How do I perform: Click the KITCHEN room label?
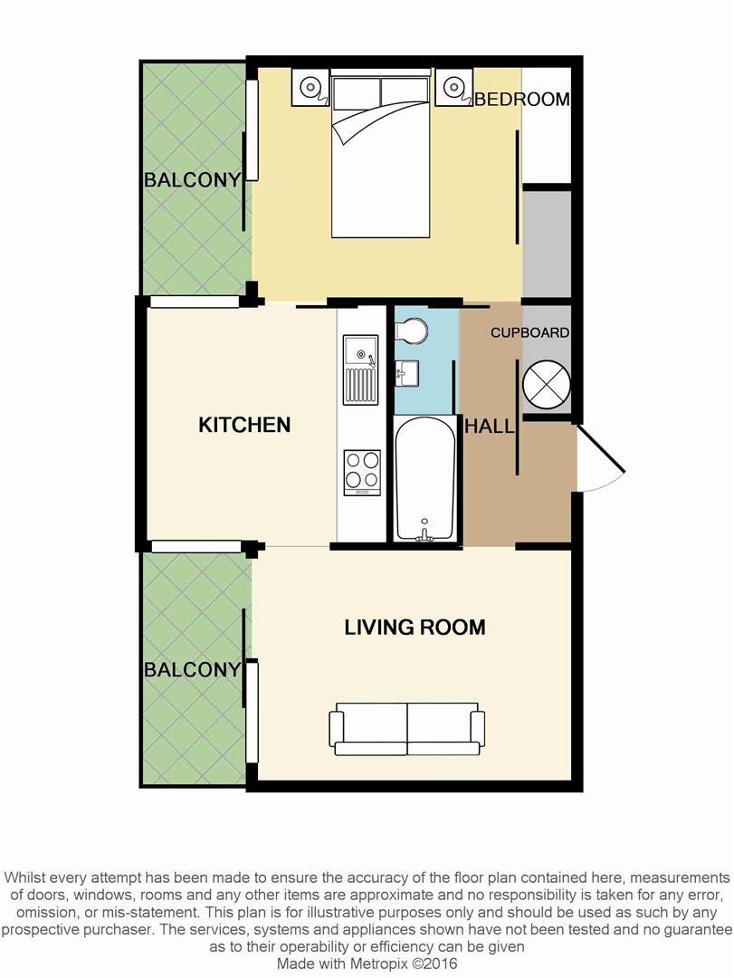244,425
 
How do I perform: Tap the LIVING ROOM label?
415,627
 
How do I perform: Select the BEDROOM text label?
522,100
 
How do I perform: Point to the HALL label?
490,427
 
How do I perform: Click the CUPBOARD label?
530,332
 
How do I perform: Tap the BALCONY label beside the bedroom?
192,180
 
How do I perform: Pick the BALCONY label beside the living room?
192,670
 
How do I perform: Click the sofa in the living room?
407,729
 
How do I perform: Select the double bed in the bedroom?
380,156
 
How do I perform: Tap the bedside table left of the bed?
310,87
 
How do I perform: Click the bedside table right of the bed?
453,87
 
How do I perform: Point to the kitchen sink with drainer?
360,369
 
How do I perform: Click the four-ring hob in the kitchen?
362,473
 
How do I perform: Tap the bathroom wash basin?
406,374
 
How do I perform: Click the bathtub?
424,478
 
